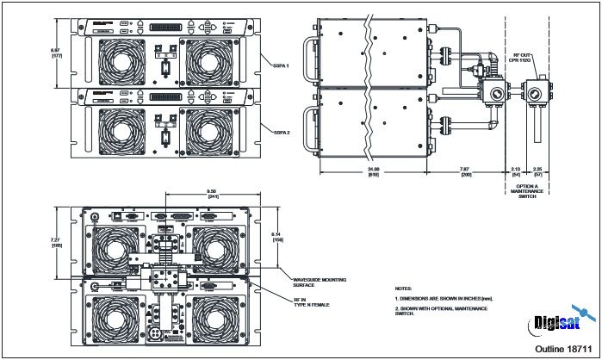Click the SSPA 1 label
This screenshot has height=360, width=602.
coord(281,65)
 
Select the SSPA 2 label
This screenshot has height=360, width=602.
coord(281,132)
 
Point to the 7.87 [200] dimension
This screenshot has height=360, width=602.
coord(466,171)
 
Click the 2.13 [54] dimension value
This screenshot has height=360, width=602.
coord(516,171)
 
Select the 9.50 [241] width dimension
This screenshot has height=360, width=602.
coord(205,194)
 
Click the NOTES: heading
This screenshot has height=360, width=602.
coord(403,288)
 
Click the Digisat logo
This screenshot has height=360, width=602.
coord(557,322)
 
